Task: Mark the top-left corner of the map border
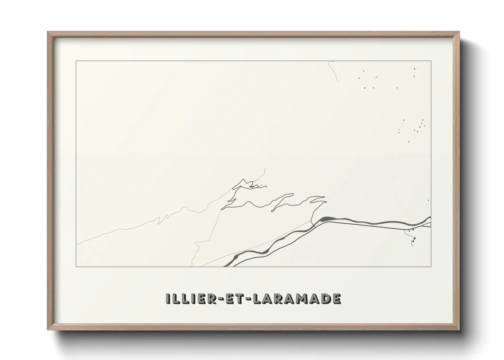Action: [76, 61]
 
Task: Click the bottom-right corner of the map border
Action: [431, 267]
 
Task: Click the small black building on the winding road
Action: [251, 186]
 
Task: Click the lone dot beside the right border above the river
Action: [428, 200]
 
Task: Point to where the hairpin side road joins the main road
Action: [313, 221]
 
